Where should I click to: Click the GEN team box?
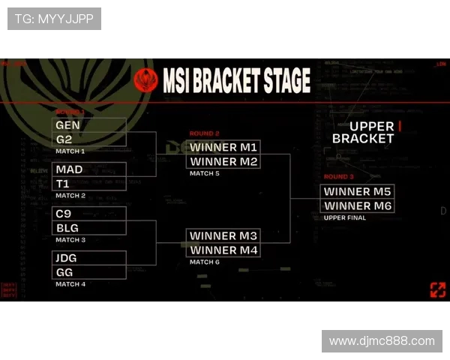tap(89, 124)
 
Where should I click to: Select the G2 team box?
tap(89, 139)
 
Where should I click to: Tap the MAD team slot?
tap(89, 169)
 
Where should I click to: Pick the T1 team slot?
tap(89, 184)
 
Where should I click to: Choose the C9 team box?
tap(89, 214)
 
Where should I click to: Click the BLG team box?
tap(89, 228)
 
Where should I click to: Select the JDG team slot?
tap(89, 258)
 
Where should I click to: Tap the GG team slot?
tap(89, 272)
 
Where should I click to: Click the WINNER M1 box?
tap(223, 147)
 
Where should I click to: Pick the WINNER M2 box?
tap(223, 161)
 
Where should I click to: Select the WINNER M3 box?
tap(223, 235)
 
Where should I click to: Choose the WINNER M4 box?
tap(223, 250)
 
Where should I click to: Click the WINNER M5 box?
tap(358, 191)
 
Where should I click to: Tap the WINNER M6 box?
tap(358, 205)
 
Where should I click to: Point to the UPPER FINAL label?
tap(345, 217)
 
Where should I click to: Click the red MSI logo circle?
tap(145, 80)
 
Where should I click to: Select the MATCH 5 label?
tap(205, 173)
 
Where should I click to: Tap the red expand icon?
tap(437, 289)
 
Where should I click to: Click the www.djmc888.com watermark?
tap(382, 341)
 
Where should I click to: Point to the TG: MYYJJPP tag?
tap(54, 19)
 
